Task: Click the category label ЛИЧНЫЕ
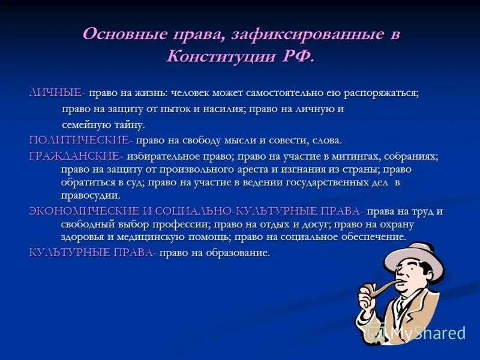pyautogui.click(x=56, y=93)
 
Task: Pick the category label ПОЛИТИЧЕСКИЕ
pyautogui.click(x=80, y=140)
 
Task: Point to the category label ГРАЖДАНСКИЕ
pyautogui.click(x=75, y=156)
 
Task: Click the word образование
pyautogui.click(x=238, y=253)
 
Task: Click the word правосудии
pyautogui.click(x=90, y=195)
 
